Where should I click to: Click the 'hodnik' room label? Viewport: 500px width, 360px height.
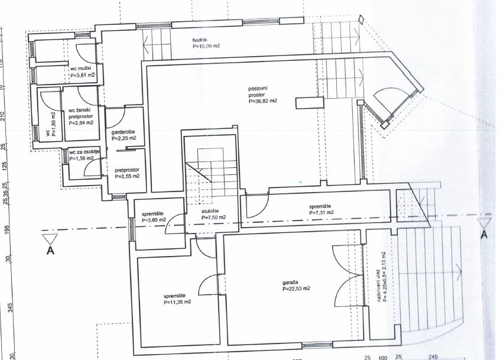200,40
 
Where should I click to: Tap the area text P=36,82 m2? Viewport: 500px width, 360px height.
263,101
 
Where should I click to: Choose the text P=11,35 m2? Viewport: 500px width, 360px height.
177,301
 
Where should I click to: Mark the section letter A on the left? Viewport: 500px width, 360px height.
50,251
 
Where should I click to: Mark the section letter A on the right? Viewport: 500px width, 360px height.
484,235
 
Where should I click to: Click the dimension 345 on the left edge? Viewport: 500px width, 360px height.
10,308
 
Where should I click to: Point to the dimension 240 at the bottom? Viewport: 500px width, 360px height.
433,357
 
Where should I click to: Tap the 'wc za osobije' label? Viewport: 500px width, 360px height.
85,152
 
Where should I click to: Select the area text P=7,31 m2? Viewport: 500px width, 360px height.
322,212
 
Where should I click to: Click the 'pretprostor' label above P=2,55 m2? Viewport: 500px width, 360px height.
127,170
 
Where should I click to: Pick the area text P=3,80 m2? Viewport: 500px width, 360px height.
154,220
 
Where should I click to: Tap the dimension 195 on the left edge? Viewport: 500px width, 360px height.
8,229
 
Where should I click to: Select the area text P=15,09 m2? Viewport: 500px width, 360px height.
206,46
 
